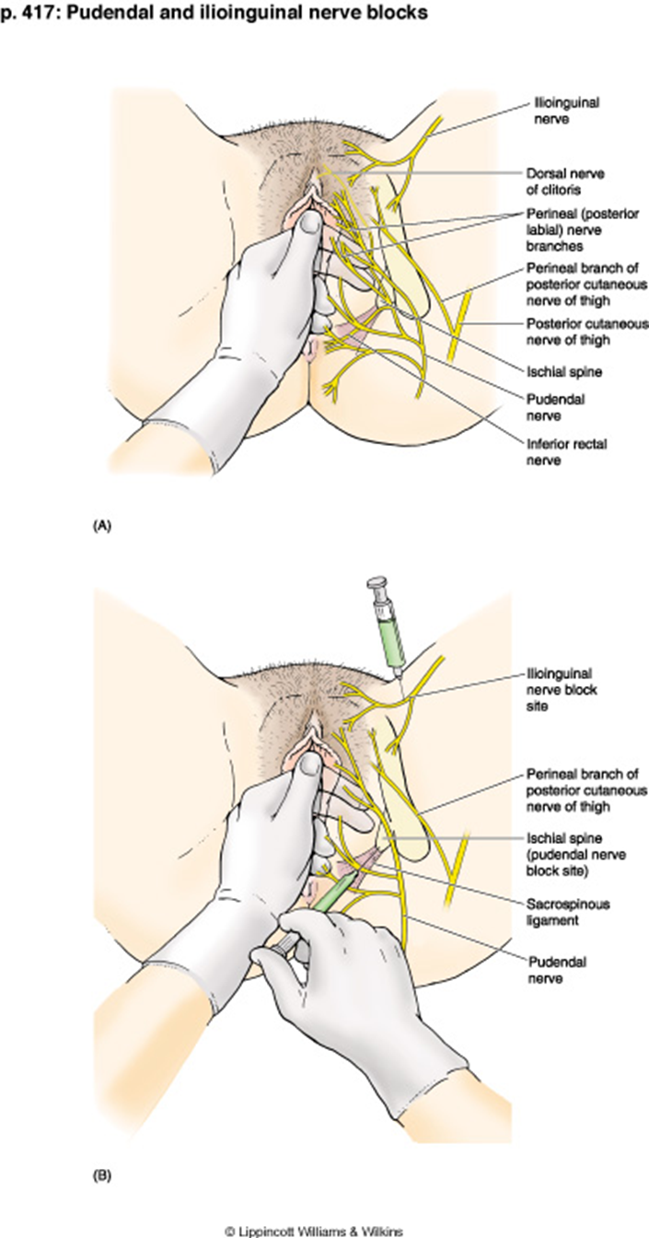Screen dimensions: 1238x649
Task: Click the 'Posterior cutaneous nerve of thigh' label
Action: click(585, 331)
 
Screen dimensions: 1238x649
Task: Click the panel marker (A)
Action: click(101, 526)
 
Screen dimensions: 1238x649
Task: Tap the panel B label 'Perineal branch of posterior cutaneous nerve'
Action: click(585, 790)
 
